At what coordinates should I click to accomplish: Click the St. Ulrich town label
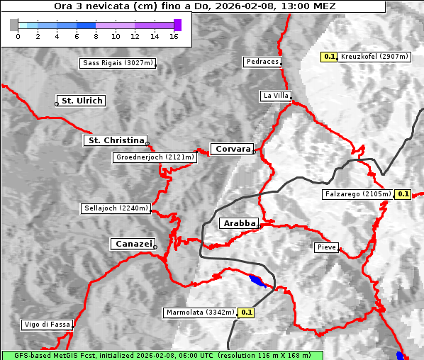point(82,101)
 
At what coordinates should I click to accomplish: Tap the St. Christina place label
point(115,140)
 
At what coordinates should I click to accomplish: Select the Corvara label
point(232,149)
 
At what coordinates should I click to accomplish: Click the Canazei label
point(133,244)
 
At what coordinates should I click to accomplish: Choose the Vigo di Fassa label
point(47,325)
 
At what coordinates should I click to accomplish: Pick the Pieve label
point(327,247)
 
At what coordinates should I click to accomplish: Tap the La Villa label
point(275,95)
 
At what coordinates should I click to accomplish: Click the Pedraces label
point(262,62)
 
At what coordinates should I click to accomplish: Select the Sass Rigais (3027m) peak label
point(118,63)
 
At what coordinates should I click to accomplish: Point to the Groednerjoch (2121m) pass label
point(154,157)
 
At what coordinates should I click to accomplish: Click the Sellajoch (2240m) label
point(116,208)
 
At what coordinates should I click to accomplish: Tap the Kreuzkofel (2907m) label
point(374,56)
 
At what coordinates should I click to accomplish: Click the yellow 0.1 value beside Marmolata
point(247,312)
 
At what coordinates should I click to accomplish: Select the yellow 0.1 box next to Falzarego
point(403,193)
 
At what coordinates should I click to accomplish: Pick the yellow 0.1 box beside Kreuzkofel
point(329,56)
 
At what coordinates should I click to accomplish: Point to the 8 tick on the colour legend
point(96,35)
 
